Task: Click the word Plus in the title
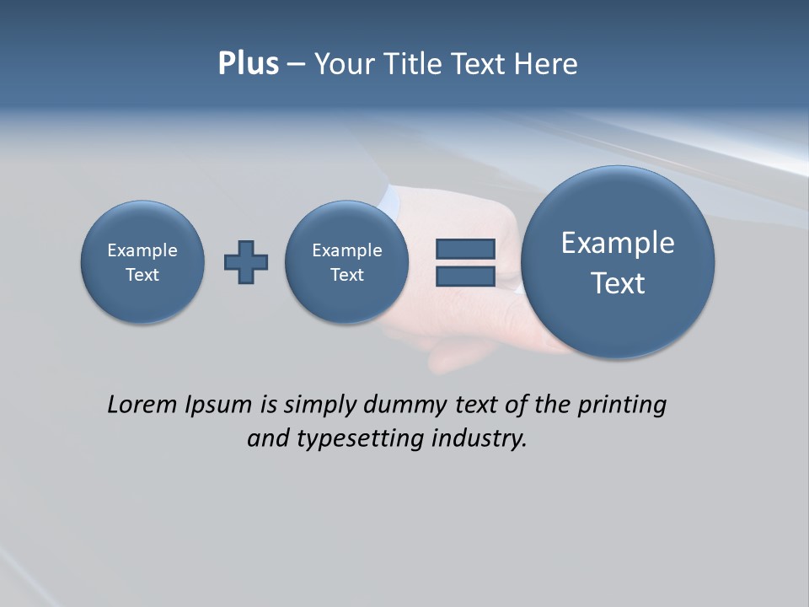248,64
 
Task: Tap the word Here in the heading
548,64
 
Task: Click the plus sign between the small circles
246,261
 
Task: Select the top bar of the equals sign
465,249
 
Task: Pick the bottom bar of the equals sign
465,276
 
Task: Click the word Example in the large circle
618,243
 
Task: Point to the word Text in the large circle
618,283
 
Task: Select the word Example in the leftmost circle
142,250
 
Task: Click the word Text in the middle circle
347,275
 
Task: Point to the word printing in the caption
621,406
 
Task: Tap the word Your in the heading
345,64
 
